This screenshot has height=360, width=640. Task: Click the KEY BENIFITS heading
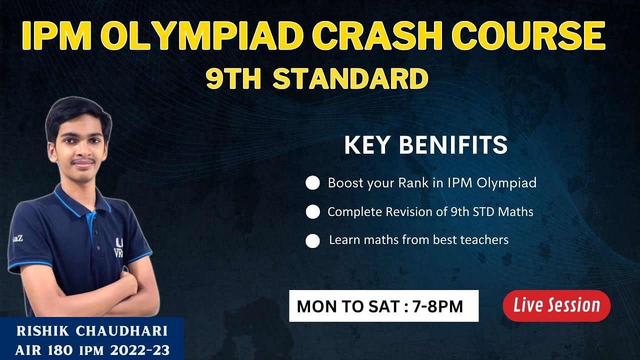point(425,145)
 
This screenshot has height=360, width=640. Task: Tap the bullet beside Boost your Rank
point(312,183)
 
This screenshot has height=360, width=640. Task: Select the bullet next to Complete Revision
point(312,212)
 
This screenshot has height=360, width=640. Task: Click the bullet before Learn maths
point(312,241)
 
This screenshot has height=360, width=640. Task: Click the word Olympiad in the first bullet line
point(506,183)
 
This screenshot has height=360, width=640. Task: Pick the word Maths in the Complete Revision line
point(517,212)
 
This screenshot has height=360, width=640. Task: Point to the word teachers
point(484,240)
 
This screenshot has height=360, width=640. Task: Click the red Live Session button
point(556,305)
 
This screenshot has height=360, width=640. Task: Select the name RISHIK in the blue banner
point(41,331)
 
